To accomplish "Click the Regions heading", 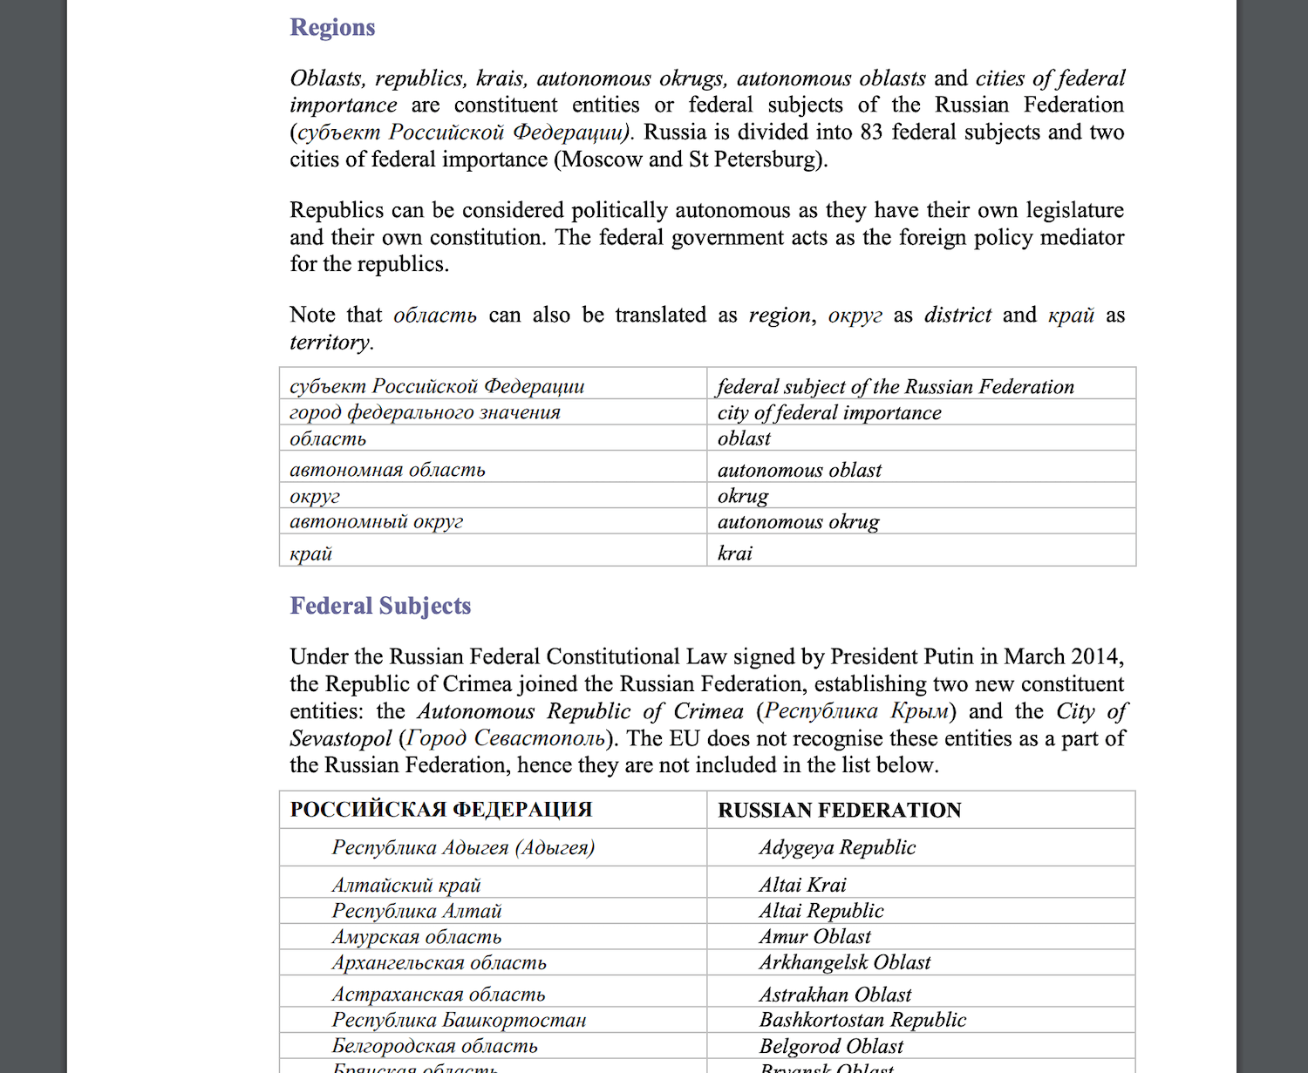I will [x=332, y=28].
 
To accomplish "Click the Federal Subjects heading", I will [x=380, y=606].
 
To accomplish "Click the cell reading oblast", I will [x=744, y=438].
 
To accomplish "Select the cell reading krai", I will [x=735, y=553].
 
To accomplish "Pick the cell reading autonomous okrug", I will [x=798, y=522].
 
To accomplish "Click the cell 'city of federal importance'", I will [x=829, y=412].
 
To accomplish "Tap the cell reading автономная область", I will [x=387, y=470].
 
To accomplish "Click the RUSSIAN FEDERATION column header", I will [x=839, y=810].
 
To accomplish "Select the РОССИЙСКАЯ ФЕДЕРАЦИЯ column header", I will [x=441, y=810].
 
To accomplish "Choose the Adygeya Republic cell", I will [x=837, y=847].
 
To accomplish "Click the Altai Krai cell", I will [x=802, y=885].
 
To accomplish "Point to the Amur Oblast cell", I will [x=814, y=937].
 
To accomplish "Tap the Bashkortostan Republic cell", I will [x=862, y=1020].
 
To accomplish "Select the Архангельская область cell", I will [x=439, y=963].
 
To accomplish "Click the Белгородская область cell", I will [x=434, y=1046].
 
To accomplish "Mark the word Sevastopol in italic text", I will [x=341, y=738].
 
